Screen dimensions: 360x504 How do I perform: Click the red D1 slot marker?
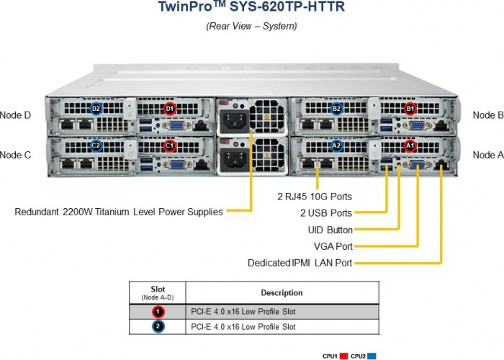(x=170, y=109)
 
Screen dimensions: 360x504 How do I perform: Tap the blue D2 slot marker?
(x=96, y=109)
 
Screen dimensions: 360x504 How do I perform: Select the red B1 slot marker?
(x=410, y=109)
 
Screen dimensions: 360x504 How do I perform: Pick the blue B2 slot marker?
(x=336, y=109)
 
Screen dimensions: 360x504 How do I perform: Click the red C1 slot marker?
(x=170, y=145)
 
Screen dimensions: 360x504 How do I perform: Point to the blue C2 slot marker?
(x=96, y=145)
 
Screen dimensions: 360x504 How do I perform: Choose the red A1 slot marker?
(x=410, y=145)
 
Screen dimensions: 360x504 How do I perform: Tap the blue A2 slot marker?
(x=336, y=145)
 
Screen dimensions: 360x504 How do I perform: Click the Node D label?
(x=15, y=114)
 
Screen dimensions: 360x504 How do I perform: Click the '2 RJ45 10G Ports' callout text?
(x=315, y=196)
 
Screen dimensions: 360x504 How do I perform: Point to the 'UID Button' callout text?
(x=330, y=230)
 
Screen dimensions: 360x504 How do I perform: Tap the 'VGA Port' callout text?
(x=333, y=246)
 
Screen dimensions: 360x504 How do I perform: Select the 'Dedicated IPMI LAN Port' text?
(x=300, y=263)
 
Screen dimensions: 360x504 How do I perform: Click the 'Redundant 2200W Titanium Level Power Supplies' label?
(x=119, y=212)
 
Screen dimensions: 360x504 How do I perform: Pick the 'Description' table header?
(x=281, y=293)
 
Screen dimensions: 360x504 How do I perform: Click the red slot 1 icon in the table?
(x=158, y=312)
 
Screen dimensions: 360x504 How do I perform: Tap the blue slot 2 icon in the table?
(x=158, y=327)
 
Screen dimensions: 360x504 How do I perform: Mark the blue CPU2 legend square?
(x=372, y=356)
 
